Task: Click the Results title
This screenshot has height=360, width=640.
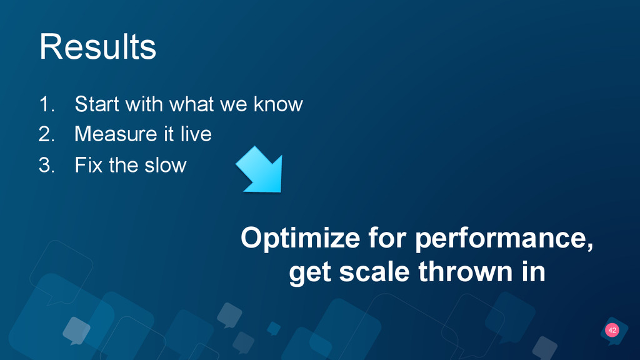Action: (x=97, y=47)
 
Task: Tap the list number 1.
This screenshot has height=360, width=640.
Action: (x=46, y=104)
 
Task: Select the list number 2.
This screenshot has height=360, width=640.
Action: (x=46, y=134)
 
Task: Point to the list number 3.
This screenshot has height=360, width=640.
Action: (x=46, y=165)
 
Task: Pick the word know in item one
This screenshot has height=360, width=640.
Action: (x=278, y=104)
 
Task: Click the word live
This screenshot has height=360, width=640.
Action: (x=196, y=134)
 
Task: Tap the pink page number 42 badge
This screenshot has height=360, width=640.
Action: (x=612, y=330)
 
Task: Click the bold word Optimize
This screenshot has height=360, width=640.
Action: (x=301, y=238)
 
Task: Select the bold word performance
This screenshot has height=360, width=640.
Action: (x=504, y=238)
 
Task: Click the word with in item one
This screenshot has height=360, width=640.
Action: (x=144, y=104)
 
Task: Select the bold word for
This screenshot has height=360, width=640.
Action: (x=387, y=237)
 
